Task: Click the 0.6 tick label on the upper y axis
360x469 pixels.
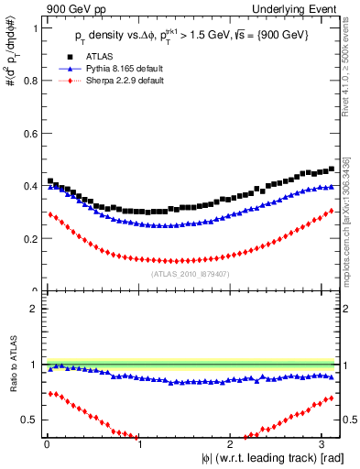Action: [31, 134]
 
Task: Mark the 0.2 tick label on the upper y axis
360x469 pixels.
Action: [31, 239]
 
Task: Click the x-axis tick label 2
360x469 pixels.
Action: [232, 442]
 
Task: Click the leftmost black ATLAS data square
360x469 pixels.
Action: [50, 181]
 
